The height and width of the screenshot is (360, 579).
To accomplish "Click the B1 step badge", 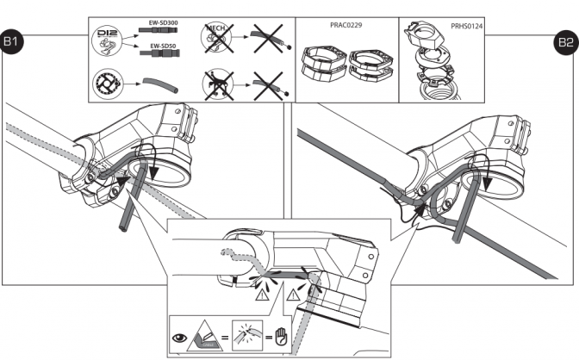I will point(14,41).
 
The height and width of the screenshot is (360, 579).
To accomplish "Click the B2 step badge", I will point(565,41).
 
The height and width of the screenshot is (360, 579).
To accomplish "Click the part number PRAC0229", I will point(346,26).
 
